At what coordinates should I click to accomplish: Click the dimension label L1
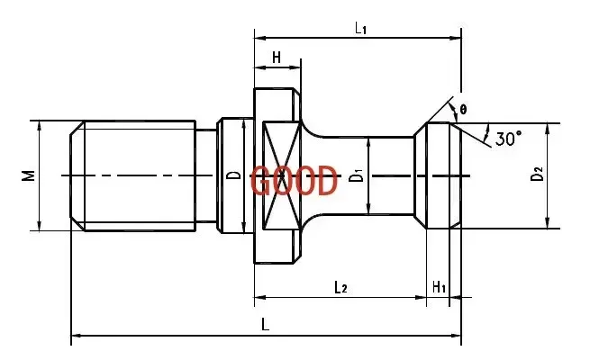(x=360, y=28)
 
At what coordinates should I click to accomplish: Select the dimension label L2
(x=340, y=287)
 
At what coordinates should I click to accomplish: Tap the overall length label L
(x=265, y=323)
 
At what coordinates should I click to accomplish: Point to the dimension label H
(x=277, y=58)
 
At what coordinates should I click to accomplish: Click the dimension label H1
(x=439, y=287)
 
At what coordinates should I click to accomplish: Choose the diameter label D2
(x=537, y=174)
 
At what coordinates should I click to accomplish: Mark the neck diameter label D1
(x=357, y=175)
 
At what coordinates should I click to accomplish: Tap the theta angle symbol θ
(x=463, y=110)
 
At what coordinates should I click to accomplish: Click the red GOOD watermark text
(x=294, y=181)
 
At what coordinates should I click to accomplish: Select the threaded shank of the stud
(x=135, y=175)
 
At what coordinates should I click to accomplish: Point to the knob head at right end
(x=437, y=175)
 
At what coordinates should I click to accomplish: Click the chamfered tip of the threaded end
(x=77, y=175)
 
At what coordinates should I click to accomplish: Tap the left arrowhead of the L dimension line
(x=75, y=337)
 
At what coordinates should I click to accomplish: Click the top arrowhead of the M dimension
(x=39, y=125)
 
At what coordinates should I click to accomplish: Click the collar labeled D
(x=232, y=175)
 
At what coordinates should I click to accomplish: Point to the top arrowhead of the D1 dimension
(x=368, y=140)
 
